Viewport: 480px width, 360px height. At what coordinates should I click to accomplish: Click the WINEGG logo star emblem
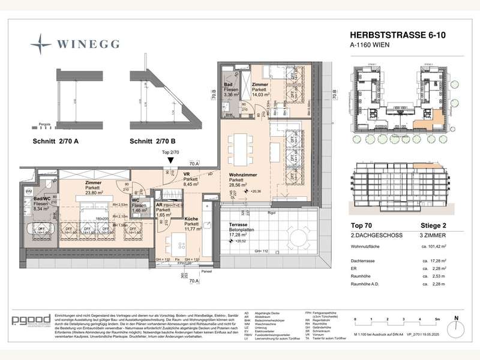[x=40, y=44]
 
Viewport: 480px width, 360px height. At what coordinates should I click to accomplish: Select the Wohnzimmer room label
[x=243, y=175]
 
